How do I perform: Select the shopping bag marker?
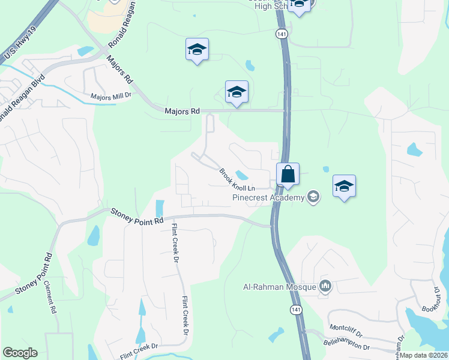tap(288, 175)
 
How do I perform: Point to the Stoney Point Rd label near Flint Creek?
tap(137, 216)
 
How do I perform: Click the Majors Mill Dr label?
tap(110, 97)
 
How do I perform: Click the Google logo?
tap(20, 353)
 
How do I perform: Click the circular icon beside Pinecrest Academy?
tap(312, 197)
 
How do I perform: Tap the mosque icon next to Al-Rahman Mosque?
tap(326, 287)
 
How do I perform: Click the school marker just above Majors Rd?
tap(237, 92)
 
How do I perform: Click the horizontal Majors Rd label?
tap(182, 111)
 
